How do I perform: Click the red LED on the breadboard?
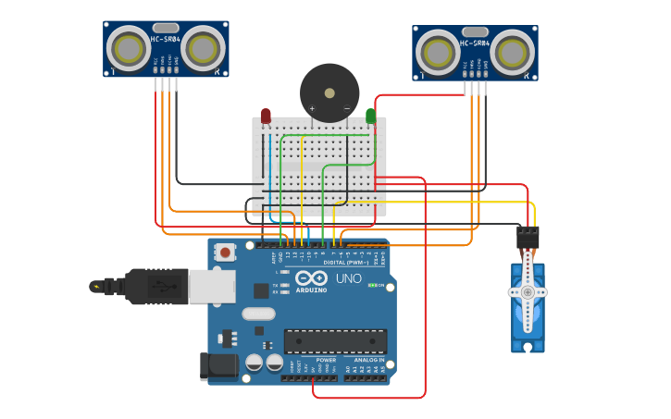[x=266, y=116]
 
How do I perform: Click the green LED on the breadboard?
[x=370, y=116]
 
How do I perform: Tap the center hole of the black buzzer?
[x=329, y=92]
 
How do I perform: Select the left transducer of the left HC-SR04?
[x=128, y=48]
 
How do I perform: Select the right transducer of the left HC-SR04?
[x=203, y=48]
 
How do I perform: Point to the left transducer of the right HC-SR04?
[x=437, y=52]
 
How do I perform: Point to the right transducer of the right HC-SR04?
[x=512, y=52]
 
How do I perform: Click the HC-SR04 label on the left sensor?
[x=166, y=39]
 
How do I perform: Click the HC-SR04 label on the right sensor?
[x=475, y=43]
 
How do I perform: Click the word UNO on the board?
[x=348, y=278]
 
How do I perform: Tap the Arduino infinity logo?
[x=311, y=277]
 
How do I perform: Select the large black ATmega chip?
[x=335, y=340]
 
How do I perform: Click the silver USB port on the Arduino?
[x=212, y=287]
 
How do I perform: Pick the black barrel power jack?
[x=219, y=365]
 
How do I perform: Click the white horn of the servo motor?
[x=528, y=292]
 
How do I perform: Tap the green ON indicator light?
[x=372, y=285]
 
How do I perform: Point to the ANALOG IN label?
[x=367, y=360]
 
